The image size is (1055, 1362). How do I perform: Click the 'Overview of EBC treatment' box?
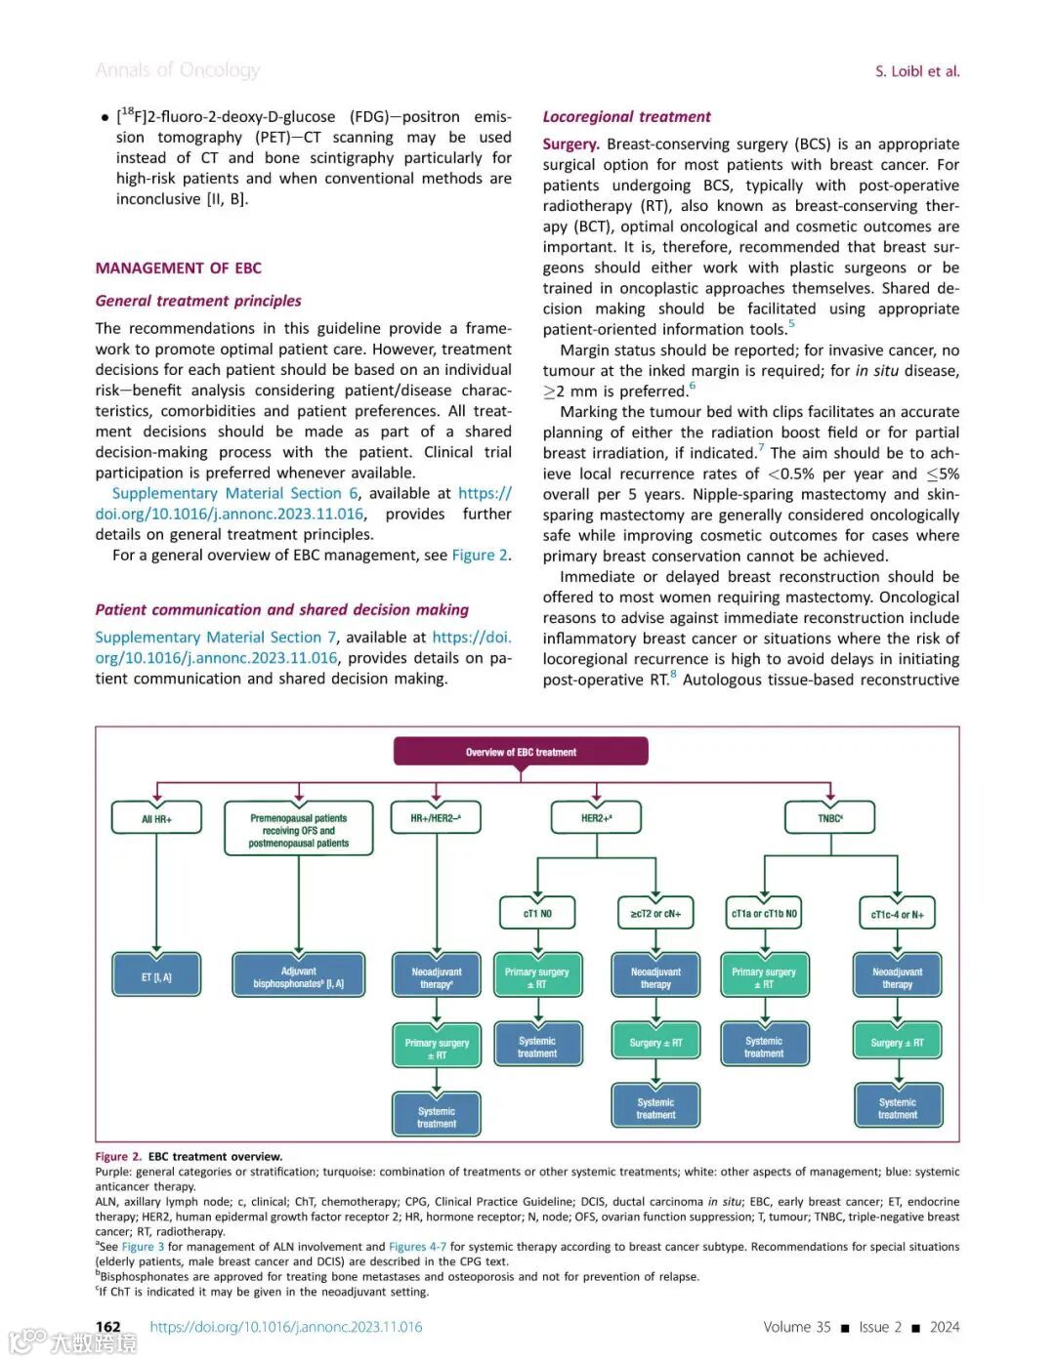[x=521, y=752]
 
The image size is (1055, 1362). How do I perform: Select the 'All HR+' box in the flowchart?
[x=156, y=818]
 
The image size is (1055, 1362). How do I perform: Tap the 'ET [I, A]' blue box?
[x=156, y=976]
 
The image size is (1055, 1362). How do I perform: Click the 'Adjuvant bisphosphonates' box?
[x=298, y=976]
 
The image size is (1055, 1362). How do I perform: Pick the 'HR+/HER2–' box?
[x=436, y=818]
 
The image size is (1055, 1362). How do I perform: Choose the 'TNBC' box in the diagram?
[x=829, y=818]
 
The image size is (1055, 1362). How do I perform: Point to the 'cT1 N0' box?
[x=537, y=913]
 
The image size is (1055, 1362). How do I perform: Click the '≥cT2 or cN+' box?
[x=655, y=913]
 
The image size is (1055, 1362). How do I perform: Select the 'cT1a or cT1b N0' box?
[x=764, y=913]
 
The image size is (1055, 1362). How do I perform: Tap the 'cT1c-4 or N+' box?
[x=897, y=914]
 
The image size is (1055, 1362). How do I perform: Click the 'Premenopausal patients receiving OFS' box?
[x=298, y=830]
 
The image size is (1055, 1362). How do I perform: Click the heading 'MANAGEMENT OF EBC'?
[x=179, y=268]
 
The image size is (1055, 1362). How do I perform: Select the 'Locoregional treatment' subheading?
[x=626, y=116]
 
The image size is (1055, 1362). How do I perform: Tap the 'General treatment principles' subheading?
[x=198, y=301]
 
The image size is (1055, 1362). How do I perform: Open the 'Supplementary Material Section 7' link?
[x=215, y=637]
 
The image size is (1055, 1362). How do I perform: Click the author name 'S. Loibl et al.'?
[x=917, y=71]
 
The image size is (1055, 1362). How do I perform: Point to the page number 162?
[x=107, y=1326]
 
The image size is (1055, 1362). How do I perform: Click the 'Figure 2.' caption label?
[x=118, y=1156]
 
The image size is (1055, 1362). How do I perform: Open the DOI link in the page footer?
[x=286, y=1326]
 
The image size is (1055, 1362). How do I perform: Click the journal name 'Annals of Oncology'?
[x=178, y=69]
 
